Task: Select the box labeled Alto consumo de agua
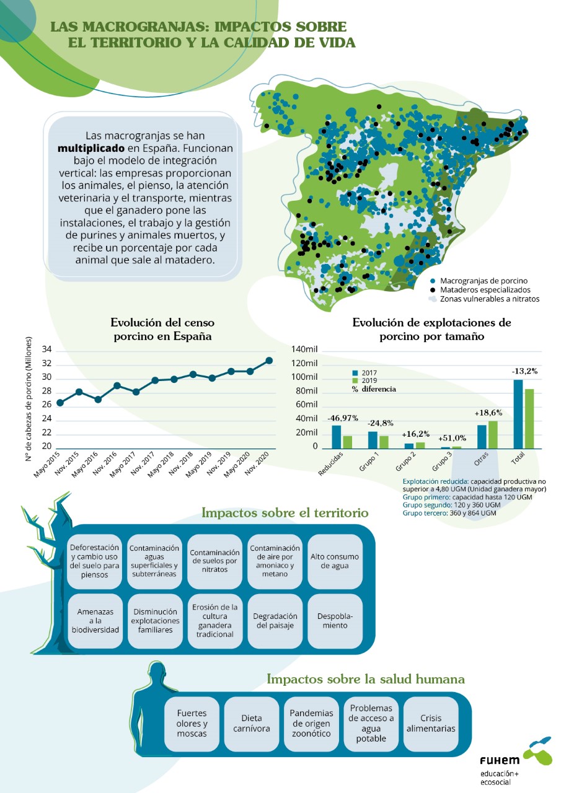click(x=335, y=561)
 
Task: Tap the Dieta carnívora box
click(x=252, y=724)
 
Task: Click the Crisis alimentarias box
click(x=431, y=724)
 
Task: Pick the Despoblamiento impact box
click(x=335, y=621)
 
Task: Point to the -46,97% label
click(x=343, y=418)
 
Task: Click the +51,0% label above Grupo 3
click(x=452, y=438)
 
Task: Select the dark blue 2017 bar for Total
click(x=518, y=414)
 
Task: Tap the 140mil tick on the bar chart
click(x=304, y=349)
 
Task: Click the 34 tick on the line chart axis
click(x=46, y=349)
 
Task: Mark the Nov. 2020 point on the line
click(x=269, y=361)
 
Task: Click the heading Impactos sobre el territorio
click(x=285, y=513)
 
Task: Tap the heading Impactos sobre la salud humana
click(x=365, y=679)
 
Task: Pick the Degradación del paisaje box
click(x=275, y=621)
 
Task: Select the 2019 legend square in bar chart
click(x=355, y=380)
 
